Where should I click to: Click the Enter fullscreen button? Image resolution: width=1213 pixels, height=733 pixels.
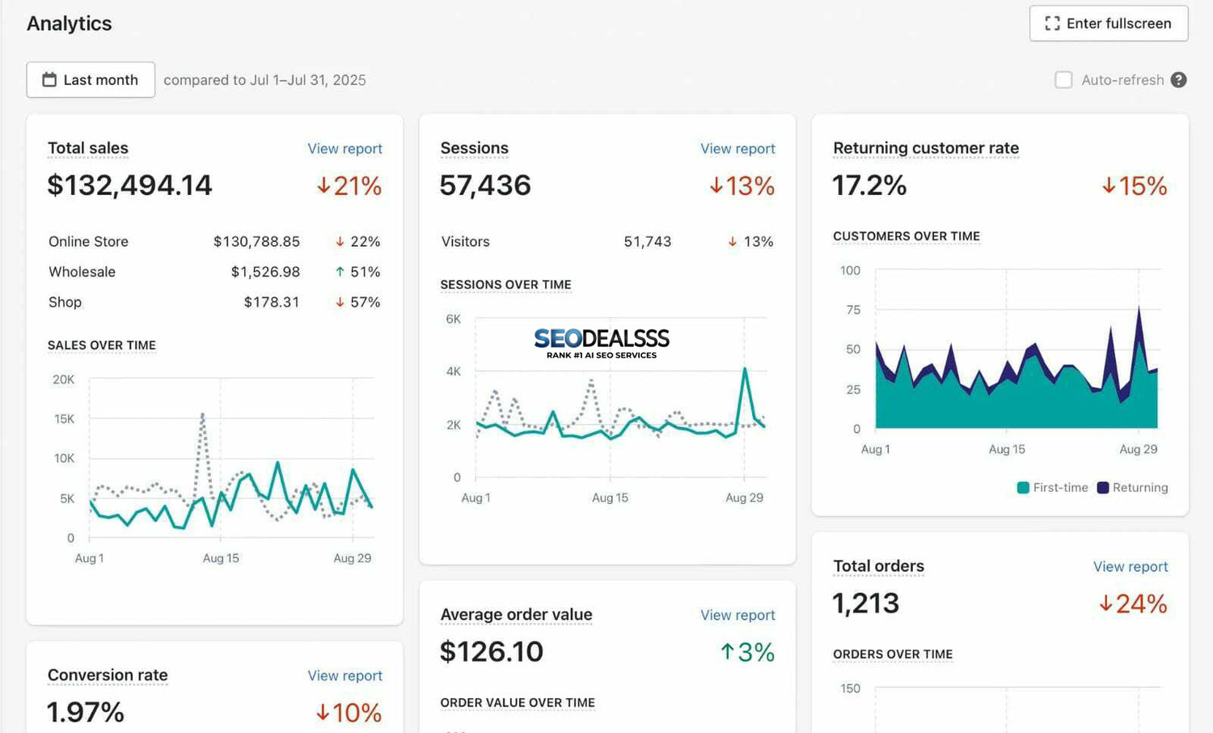coord(1109,23)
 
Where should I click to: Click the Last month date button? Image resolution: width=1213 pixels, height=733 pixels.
coord(91,80)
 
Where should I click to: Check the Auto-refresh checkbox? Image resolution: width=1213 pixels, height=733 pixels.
coord(1063,80)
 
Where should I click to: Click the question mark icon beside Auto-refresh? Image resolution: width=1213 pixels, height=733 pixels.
coord(1179,80)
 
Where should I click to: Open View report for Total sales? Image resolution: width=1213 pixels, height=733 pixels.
coord(344,149)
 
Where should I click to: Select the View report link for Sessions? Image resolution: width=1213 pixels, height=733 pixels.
coord(738,149)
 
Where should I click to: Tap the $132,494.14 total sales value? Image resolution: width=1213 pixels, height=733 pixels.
coord(129,185)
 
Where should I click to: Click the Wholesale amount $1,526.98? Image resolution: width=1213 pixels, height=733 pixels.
coord(265,272)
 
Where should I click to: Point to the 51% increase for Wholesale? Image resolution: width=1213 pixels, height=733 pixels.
coord(357,272)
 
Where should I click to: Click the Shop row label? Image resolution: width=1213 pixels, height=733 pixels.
coord(65,302)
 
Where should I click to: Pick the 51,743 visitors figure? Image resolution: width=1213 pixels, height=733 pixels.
coord(647,242)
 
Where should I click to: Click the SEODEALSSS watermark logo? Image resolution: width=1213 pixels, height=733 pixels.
coord(602,342)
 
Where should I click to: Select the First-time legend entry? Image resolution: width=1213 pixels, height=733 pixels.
coord(1052,488)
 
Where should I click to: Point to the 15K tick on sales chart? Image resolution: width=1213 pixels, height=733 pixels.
coord(64,419)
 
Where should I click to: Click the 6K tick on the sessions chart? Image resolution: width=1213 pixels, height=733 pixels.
coord(453,320)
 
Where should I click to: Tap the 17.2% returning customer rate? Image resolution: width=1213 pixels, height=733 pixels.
coord(869,185)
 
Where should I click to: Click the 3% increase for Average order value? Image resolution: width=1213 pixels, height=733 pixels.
coord(747,652)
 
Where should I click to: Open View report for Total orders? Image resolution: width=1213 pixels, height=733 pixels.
coord(1130,567)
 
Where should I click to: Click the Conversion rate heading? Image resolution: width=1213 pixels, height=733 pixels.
coord(108,675)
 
